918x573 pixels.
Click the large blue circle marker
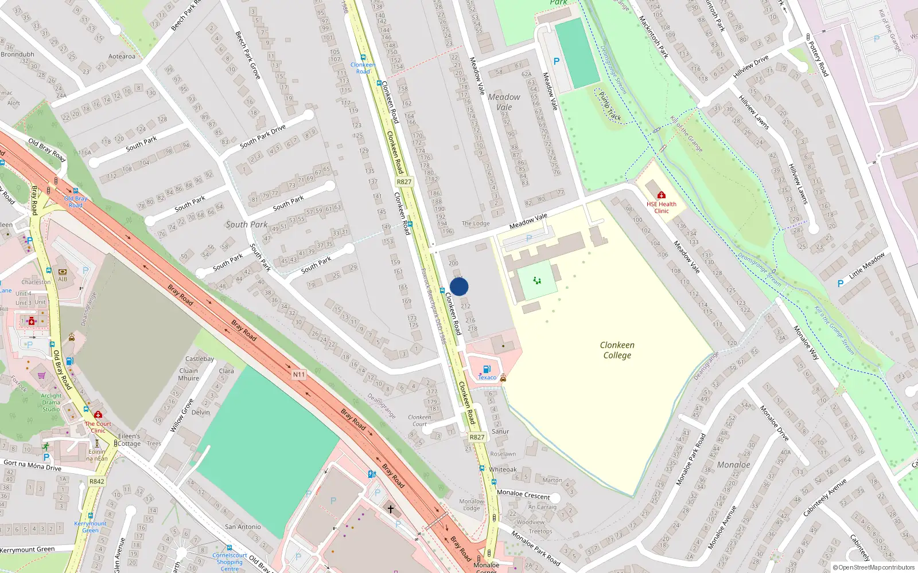coord(459,286)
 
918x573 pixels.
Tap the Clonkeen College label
coord(617,350)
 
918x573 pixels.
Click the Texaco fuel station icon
coord(487,370)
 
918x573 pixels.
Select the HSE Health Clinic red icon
coord(662,195)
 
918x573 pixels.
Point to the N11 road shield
coord(298,375)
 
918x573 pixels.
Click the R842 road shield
coord(97,481)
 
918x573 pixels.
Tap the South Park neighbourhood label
coord(247,225)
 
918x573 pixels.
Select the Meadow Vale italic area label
coord(504,102)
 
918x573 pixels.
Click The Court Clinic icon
coord(98,414)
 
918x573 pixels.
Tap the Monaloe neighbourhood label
coord(733,465)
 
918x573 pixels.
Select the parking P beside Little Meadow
coord(841,283)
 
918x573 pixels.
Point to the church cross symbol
coord(390,509)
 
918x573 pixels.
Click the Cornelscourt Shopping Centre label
coord(229,562)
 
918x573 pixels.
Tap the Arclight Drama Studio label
coord(51,402)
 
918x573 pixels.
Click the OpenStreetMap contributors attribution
coord(874,568)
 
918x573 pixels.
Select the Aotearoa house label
coord(122,56)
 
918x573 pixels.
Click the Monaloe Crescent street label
coord(523,494)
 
